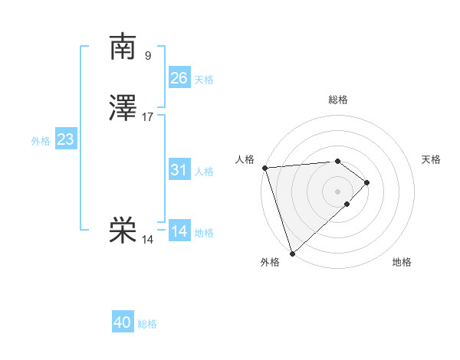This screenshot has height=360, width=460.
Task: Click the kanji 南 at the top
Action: tap(123, 47)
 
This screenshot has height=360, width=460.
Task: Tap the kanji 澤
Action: tap(123, 109)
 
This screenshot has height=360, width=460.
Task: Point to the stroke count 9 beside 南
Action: tap(148, 55)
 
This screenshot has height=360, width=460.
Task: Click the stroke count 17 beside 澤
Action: tap(148, 117)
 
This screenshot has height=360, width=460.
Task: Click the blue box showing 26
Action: tap(179, 77)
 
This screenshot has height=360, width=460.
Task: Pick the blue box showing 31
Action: tap(179, 170)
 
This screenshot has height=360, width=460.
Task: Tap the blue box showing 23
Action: tap(65, 139)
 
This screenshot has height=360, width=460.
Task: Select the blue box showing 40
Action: tap(123, 322)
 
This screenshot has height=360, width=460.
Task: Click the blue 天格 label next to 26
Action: tap(204, 80)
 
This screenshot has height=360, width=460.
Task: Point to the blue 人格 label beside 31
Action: tap(204, 172)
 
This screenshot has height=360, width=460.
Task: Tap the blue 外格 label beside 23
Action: tap(41, 142)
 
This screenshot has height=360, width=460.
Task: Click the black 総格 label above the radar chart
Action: tap(338, 100)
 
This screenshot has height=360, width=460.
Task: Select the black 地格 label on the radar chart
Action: tap(402, 263)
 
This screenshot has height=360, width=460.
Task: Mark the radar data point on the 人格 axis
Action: tap(264, 168)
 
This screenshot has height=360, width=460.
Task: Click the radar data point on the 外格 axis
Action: tap(291, 253)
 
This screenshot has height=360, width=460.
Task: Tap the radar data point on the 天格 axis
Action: tap(367, 182)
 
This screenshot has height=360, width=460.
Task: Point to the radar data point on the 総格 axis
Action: tap(338, 161)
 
